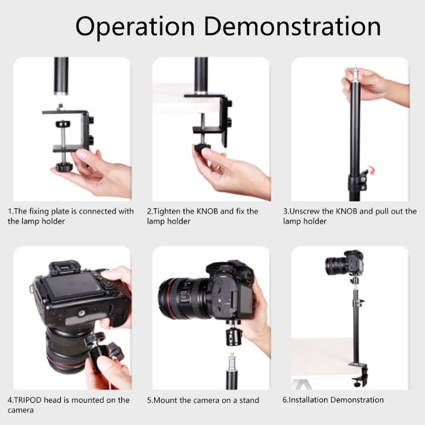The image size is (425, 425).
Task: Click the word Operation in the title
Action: coord(135,27)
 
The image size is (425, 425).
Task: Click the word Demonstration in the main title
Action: coord(293,27)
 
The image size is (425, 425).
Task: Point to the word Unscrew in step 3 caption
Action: coord(311,211)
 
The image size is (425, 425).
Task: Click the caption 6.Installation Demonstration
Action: coord(333,400)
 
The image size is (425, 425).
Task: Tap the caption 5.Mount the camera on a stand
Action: coord(203,400)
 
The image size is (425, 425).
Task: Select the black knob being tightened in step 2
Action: coord(202,147)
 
